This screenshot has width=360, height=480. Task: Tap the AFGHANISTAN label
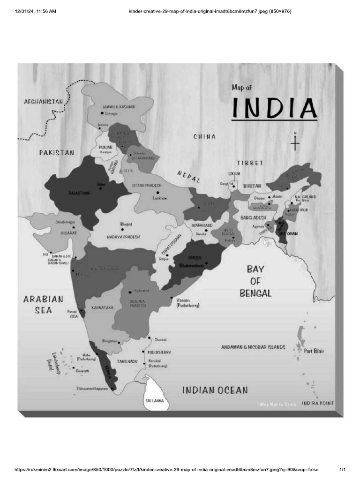click(x=43, y=101)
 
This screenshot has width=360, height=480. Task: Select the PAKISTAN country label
click(x=57, y=152)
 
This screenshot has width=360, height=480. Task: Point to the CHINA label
click(x=205, y=137)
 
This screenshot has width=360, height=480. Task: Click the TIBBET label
click(x=250, y=163)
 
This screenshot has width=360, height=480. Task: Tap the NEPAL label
click(x=189, y=177)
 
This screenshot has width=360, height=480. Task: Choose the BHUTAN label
click(x=252, y=186)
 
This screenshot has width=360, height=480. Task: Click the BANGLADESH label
click(x=253, y=218)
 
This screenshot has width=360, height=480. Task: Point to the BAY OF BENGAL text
click(x=256, y=281)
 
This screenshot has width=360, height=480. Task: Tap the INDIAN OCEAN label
click(x=215, y=390)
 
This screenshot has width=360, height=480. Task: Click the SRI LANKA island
click(x=154, y=396)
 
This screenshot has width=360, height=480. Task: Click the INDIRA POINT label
click(x=318, y=403)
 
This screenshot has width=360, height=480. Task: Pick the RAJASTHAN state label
click(x=79, y=193)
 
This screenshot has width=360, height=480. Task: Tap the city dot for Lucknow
click(x=158, y=192)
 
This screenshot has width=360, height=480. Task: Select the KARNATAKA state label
click(x=103, y=307)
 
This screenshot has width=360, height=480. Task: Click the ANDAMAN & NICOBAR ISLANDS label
click(x=253, y=347)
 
